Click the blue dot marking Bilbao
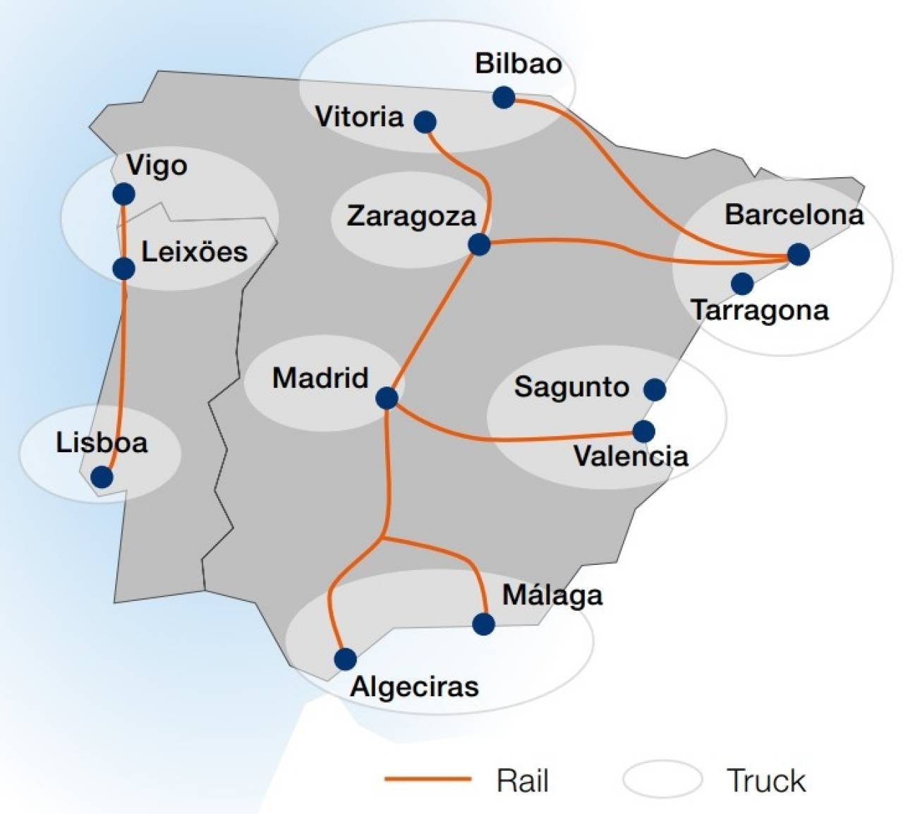click(x=504, y=97)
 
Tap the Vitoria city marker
click(x=425, y=122)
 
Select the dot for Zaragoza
click(x=479, y=244)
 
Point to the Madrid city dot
click(x=387, y=398)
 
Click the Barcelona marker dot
click(x=798, y=254)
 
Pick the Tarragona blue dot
click(x=741, y=284)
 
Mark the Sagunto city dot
click(x=655, y=389)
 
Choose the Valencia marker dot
click(x=643, y=431)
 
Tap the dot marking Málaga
click(x=483, y=624)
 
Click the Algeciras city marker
click(x=345, y=659)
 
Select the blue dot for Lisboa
click(x=102, y=477)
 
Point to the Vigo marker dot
click(x=123, y=193)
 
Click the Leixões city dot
click(x=123, y=268)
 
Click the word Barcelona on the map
click(x=794, y=214)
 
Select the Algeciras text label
click(x=414, y=686)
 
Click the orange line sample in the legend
click(x=428, y=779)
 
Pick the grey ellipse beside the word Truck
click(x=662, y=779)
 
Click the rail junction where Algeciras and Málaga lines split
click(x=382, y=540)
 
